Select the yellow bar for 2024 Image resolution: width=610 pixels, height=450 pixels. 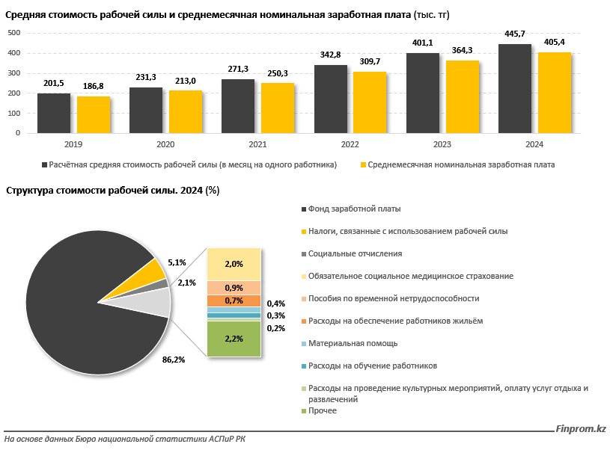pyautogui.click(x=555, y=93)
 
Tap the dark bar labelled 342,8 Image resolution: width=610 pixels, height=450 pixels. pyautogui.click(x=331, y=99)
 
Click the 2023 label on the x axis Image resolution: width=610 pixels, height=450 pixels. pyautogui.click(x=442, y=144)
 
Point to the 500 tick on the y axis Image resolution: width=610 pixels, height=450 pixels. pyautogui.click(x=13, y=33)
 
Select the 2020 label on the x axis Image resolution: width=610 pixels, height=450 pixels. pyautogui.click(x=165, y=144)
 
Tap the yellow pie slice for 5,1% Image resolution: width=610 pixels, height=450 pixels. pyautogui.click(x=149, y=272)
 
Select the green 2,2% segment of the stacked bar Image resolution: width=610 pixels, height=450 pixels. pyautogui.click(x=234, y=339)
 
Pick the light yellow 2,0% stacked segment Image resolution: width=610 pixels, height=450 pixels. pyautogui.click(x=234, y=264)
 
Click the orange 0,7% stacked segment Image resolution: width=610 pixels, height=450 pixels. pyautogui.click(x=234, y=300)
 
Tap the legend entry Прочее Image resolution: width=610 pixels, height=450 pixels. pyautogui.click(x=322, y=410)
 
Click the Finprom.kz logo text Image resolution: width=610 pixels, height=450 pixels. pyautogui.click(x=580, y=429)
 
